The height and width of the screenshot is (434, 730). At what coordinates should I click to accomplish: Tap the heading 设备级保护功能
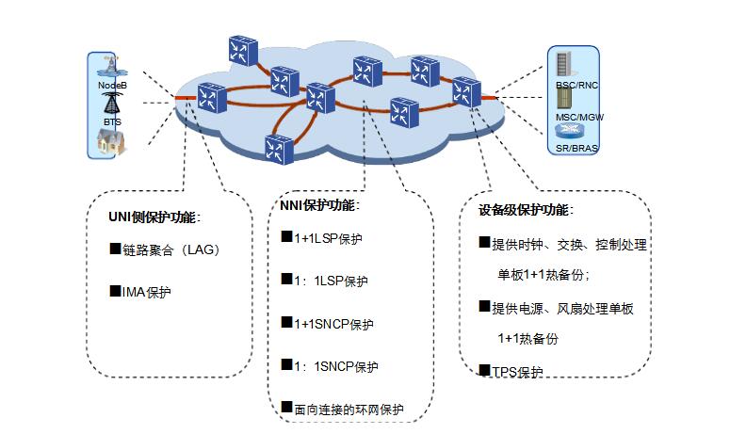pyautogui.click(x=525, y=210)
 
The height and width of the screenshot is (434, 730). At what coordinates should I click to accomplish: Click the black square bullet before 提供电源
pyautogui.click(x=484, y=306)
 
